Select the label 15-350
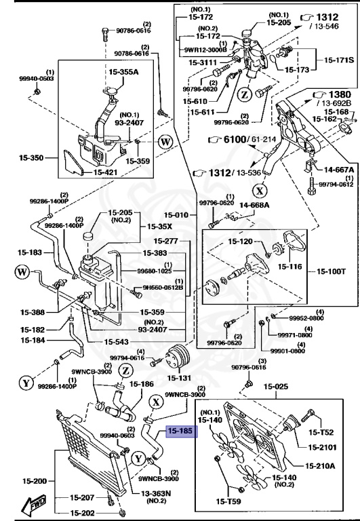(x=31, y=158)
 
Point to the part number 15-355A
(x=124, y=71)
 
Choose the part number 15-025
(x=276, y=387)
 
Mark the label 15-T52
(x=322, y=432)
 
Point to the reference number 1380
(x=337, y=94)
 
